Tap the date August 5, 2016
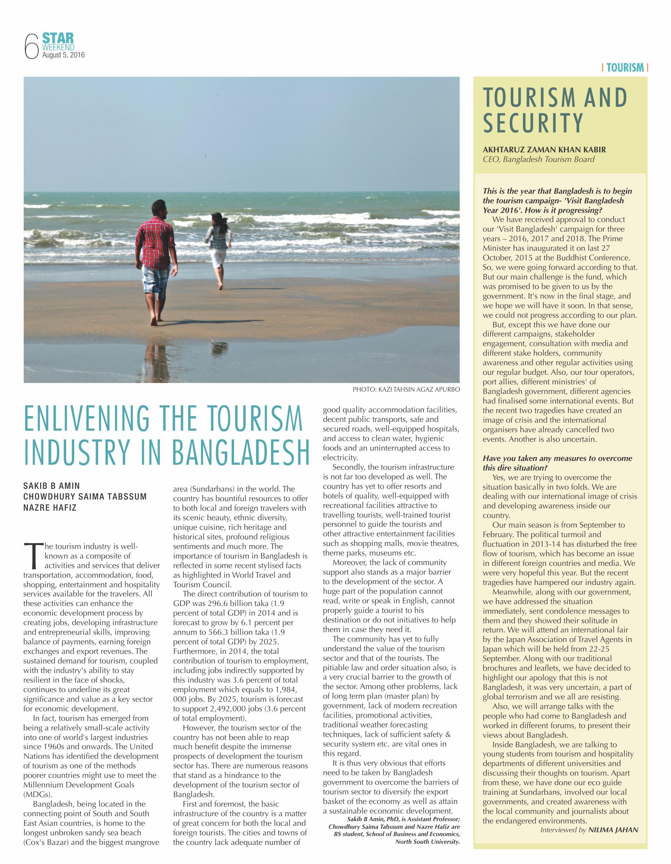point(63,56)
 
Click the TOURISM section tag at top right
point(625,68)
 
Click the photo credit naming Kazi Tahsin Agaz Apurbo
point(406,389)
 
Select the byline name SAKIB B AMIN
point(52,486)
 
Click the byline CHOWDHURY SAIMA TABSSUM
point(85,497)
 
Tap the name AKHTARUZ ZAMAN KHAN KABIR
point(544,150)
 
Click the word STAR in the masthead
point(58,38)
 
